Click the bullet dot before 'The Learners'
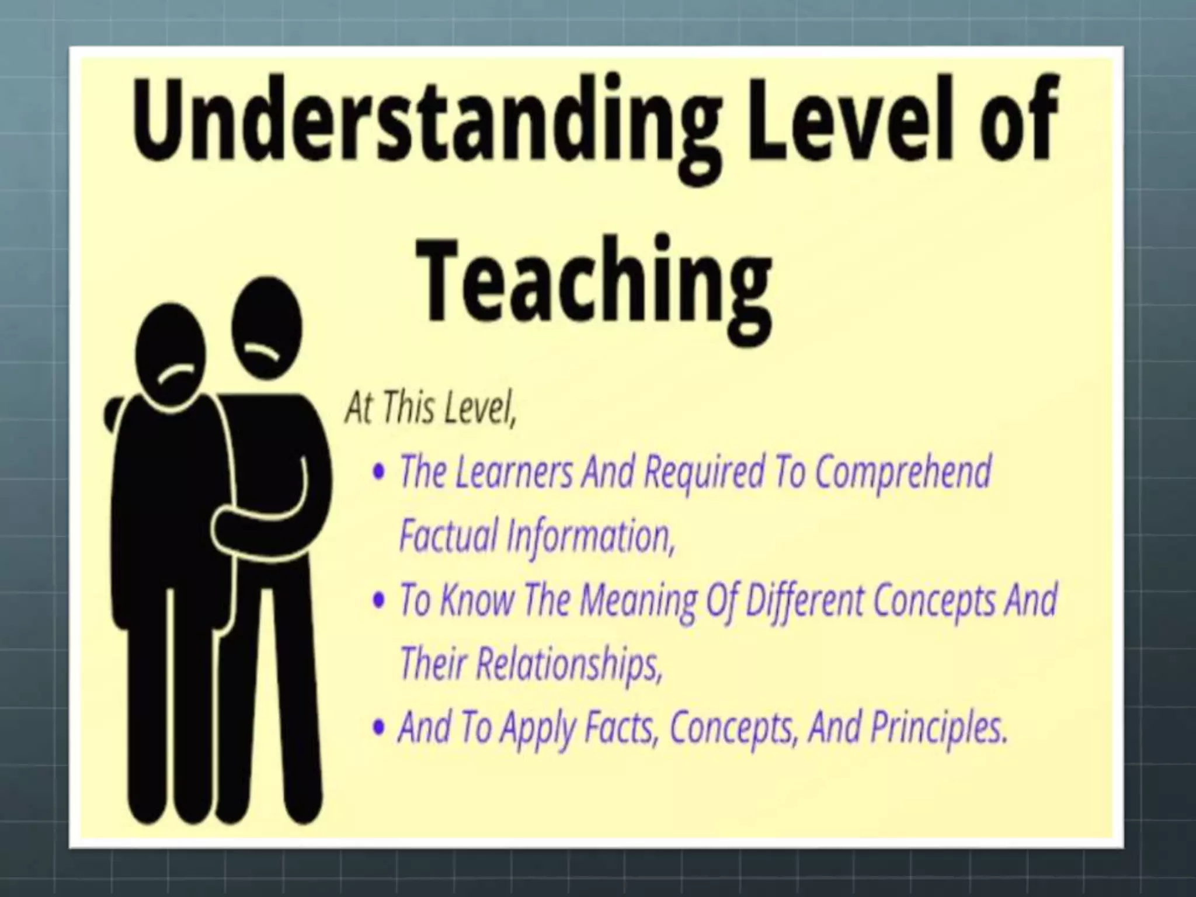tap(380, 473)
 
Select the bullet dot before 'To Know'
tap(380, 601)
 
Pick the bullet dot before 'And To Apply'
tap(380, 728)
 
